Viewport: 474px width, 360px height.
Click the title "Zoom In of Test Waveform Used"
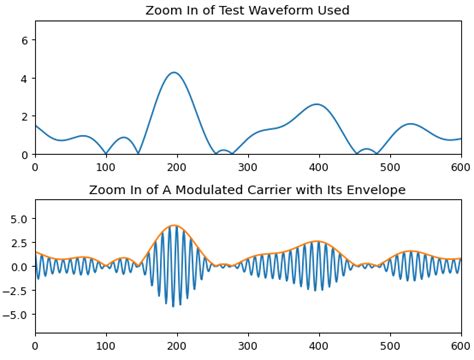coord(248,11)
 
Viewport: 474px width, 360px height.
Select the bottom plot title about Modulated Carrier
coord(248,190)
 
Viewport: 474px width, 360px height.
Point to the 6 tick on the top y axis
coord(27,40)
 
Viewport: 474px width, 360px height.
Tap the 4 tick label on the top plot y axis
coord(27,78)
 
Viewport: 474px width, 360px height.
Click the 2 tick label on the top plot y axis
coord(27,116)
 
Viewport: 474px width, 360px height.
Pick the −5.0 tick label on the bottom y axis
coord(17,314)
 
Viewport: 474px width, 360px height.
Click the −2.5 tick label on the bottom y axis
coord(17,290)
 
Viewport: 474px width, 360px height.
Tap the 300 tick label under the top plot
coord(248,167)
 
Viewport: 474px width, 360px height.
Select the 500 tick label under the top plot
coord(390,167)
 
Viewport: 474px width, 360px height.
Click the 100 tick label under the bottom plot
coord(106,346)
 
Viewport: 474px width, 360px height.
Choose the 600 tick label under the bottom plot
coord(461,346)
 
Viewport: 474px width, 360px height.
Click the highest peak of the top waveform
coord(175,72)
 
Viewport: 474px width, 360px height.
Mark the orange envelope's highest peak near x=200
coord(175,225)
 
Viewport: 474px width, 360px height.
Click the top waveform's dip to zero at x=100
coord(106,153)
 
